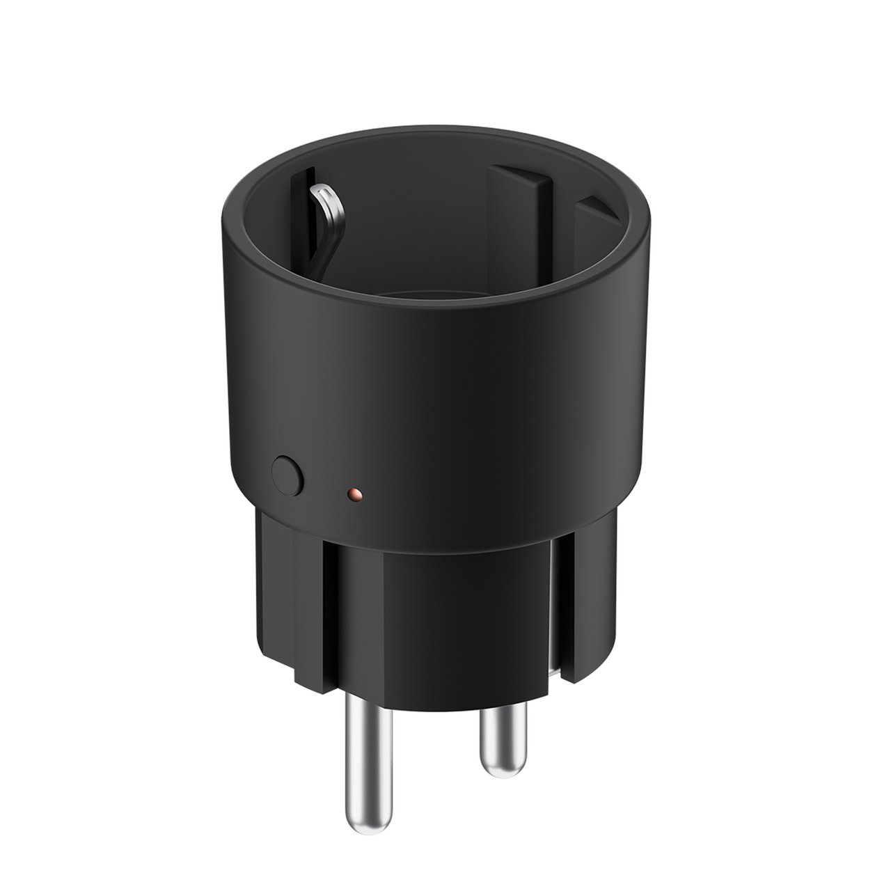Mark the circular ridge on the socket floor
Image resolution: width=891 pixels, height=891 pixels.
click(445, 292)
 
